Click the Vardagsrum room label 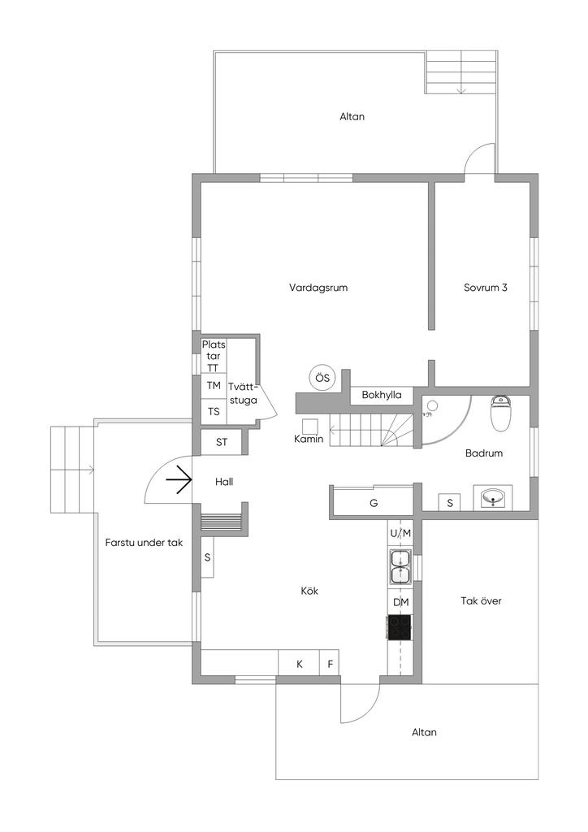coord(313,288)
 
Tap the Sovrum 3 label coord(486,288)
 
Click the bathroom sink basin coord(493,497)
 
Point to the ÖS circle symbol coord(322,378)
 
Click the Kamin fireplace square coord(309,426)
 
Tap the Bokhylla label coord(382,396)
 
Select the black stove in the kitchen coord(400,628)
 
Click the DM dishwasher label coord(400,602)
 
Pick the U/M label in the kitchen coord(400,533)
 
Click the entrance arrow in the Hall coord(179,482)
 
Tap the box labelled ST coord(222,443)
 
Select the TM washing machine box coord(214,385)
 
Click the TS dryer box coord(214,412)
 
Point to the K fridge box coord(299,664)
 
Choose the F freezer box coord(330,664)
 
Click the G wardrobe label coord(374,504)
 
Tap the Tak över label coord(481,601)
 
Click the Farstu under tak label coord(143,542)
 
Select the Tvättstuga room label coord(243,393)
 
